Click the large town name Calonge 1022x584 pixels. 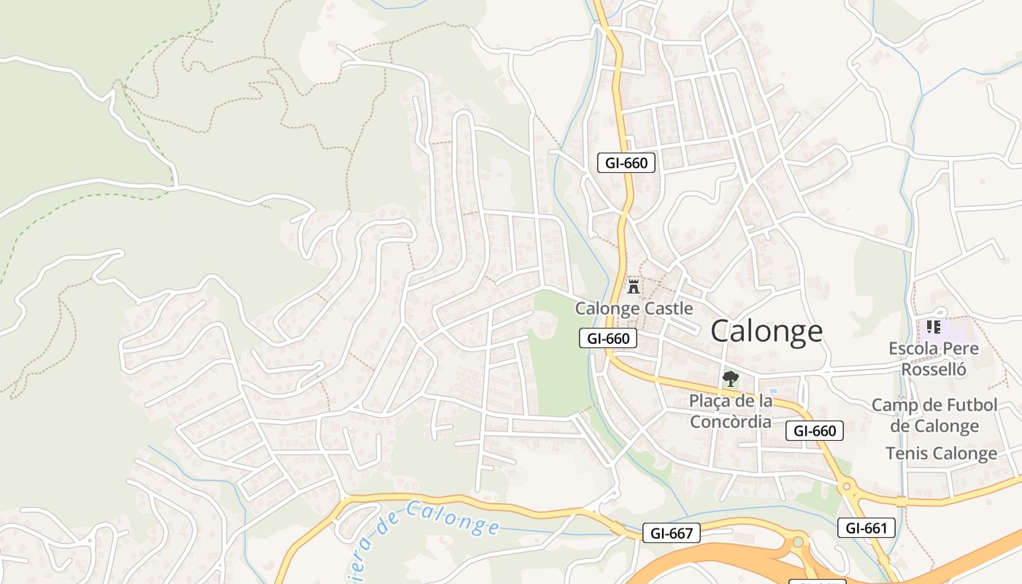pyautogui.click(x=766, y=331)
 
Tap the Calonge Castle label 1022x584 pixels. pyautogui.click(x=634, y=308)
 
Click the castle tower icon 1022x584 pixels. pyautogui.click(x=634, y=287)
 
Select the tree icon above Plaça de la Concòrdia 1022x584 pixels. pyautogui.click(x=729, y=378)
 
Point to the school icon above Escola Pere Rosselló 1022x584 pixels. pyautogui.click(x=933, y=326)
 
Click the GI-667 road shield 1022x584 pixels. pyautogui.click(x=672, y=534)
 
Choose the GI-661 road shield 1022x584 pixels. pyautogui.click(x=866, y=528)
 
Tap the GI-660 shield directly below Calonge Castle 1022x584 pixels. pyautogui.click(x=608, y=338)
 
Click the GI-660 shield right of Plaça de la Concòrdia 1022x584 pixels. pyautogui.click(x=815, y=431)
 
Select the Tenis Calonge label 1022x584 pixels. pyautogui.click(x=941, y=453)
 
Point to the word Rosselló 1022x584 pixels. pyautogui.click(x=934, y=369)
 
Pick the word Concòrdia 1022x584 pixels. pyautogui.click(x=730, y=421)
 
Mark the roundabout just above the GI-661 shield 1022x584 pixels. pyautogui.click(x=848, y=485)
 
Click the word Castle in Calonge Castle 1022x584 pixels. pyautogui.click(x=666, y=308)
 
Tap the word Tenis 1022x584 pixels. pyautogui.click(x=905, y=453)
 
